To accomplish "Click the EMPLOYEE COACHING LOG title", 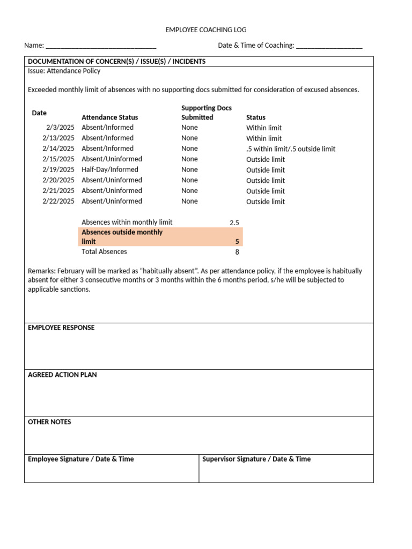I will tap(206, 30).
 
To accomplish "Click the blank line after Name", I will tap(101, 46).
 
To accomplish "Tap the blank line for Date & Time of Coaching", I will tap(329, 46).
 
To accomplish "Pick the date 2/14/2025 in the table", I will tap(58, 149).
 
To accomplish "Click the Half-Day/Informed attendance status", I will tap(110, 169).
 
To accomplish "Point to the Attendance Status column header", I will tap(109, 117).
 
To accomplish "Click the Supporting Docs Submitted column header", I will tap(206, 113).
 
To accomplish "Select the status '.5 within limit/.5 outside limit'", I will tap(291, 149).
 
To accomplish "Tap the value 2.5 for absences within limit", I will tap(234, 222).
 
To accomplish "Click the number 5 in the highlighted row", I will tap(237, 242).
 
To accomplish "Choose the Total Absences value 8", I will tap(237, 252).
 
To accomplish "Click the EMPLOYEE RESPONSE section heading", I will tap(61, 328).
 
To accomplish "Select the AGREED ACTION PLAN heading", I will tap(62, 375).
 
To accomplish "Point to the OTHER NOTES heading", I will tap(49, 422).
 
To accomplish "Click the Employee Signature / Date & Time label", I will tap(81, 459).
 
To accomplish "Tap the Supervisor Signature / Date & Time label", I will tap(256, 459).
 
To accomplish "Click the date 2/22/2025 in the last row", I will tap(58, 202).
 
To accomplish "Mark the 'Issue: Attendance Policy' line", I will tap(64, 71).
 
